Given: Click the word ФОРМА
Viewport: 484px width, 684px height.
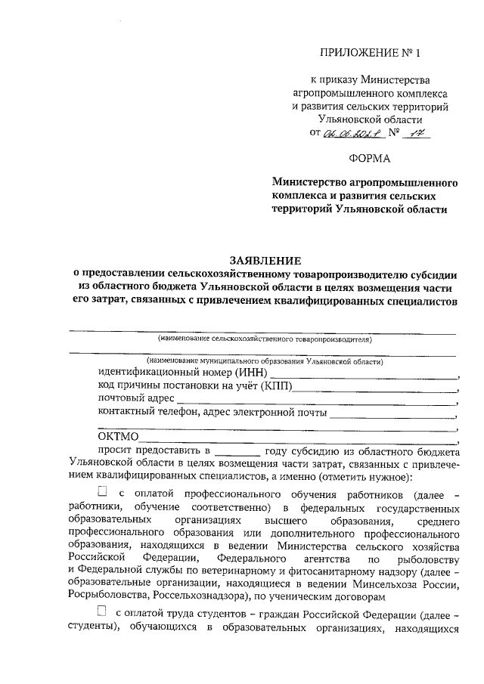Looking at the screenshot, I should click(370, 159).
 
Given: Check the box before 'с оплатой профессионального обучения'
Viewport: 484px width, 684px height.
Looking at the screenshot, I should click(102, 494).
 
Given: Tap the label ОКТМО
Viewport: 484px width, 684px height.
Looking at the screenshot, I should click(118, 437).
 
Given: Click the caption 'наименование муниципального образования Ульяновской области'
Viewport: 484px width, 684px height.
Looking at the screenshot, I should click(265, 361).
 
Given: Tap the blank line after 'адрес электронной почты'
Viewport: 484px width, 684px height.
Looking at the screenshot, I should click(392, 414).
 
